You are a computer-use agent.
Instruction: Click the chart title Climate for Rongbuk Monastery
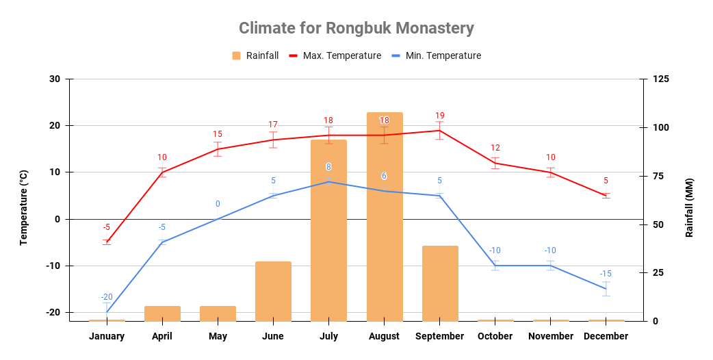click(356, 28)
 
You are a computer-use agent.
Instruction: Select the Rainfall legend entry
click(255, 55)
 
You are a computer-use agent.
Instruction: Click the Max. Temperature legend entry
click(335, 55)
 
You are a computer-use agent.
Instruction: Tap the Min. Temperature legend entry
click(436, 55)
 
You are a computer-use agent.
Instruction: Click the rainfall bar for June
click(273, 291)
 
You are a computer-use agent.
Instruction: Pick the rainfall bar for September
click(440, 283)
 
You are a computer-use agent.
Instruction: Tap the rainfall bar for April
click(162, 313)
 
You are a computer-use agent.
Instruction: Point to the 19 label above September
click(440, 116)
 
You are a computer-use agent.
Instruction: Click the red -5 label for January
click(106, 227)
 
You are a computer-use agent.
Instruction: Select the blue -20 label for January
click(107, 297)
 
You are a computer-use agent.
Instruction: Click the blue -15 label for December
click(606, 274)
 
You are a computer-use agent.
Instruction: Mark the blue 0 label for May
click(218, 204)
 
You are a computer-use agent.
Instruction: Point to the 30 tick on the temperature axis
click(55, 79)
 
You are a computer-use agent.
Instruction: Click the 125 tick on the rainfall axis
click(660, 79)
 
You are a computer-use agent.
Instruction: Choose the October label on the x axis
click(495, 336)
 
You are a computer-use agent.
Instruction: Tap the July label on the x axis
click(328, 336)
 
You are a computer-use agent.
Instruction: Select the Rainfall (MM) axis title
click(689, 207)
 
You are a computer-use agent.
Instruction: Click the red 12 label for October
click(495, 148)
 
